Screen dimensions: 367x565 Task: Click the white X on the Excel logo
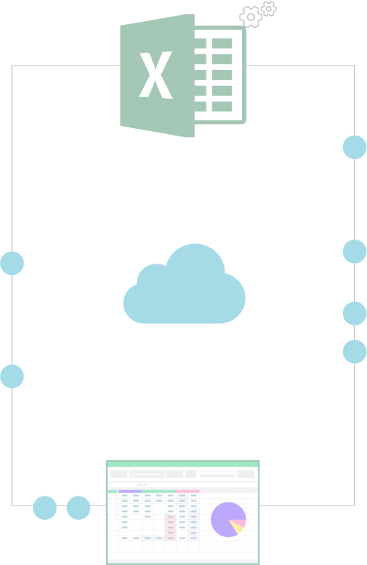[x=156, y=75]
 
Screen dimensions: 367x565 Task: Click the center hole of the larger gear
[x=251, y=17]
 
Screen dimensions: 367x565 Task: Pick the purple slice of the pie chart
[x=221, y=520]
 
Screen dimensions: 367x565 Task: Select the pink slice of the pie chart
[x=240, y=523]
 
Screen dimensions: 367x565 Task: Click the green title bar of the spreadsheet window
[x=183, y=464]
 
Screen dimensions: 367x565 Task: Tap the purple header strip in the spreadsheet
[x=130, y=491]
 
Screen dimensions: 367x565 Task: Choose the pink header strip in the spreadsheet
[x=188, y=491]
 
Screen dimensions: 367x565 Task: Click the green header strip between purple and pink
[x=159, y=491]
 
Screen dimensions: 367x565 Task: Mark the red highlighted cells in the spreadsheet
[x=170, y=527]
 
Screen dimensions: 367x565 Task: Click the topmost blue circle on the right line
[x=355, y=147]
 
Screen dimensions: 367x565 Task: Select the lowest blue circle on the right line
[x=355, y=351]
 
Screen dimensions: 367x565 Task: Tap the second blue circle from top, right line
[x=355, y=252]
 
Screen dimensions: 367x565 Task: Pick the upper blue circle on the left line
[x=12, y=264]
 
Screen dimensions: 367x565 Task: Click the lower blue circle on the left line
[x=12, y=376]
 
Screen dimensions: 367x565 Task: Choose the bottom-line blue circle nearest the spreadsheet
[x=78, y=508]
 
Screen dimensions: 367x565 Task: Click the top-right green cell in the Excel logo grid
[x=222, y=43]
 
